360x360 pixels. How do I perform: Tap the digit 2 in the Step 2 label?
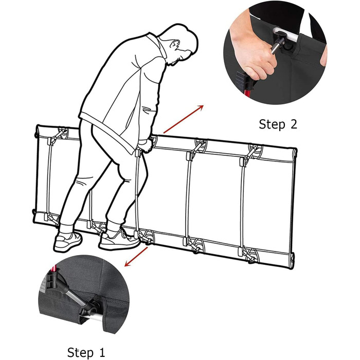pyautogui.click(x=293, y=124)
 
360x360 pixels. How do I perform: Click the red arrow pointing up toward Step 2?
pyautogui.click(x=183, y=119)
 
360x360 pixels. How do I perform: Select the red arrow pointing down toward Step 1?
pyautogui.click(x=136, y=257)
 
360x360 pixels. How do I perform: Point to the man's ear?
pyautogui.click(x=175, y=44)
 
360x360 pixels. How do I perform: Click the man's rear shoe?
pyautogui.click(x=68, y=242)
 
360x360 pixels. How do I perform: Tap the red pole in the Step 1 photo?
pyautogui.click(x=54, y=268)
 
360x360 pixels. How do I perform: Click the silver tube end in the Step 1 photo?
pyautogui.click(x=94, y=316)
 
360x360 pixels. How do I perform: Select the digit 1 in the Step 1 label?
pyautogui.click(x=101, y=352)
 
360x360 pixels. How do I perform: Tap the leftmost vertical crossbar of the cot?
pyautogui.click(x=49, y=178)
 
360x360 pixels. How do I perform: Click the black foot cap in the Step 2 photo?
pyautogui.click(x=242, y=78)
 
